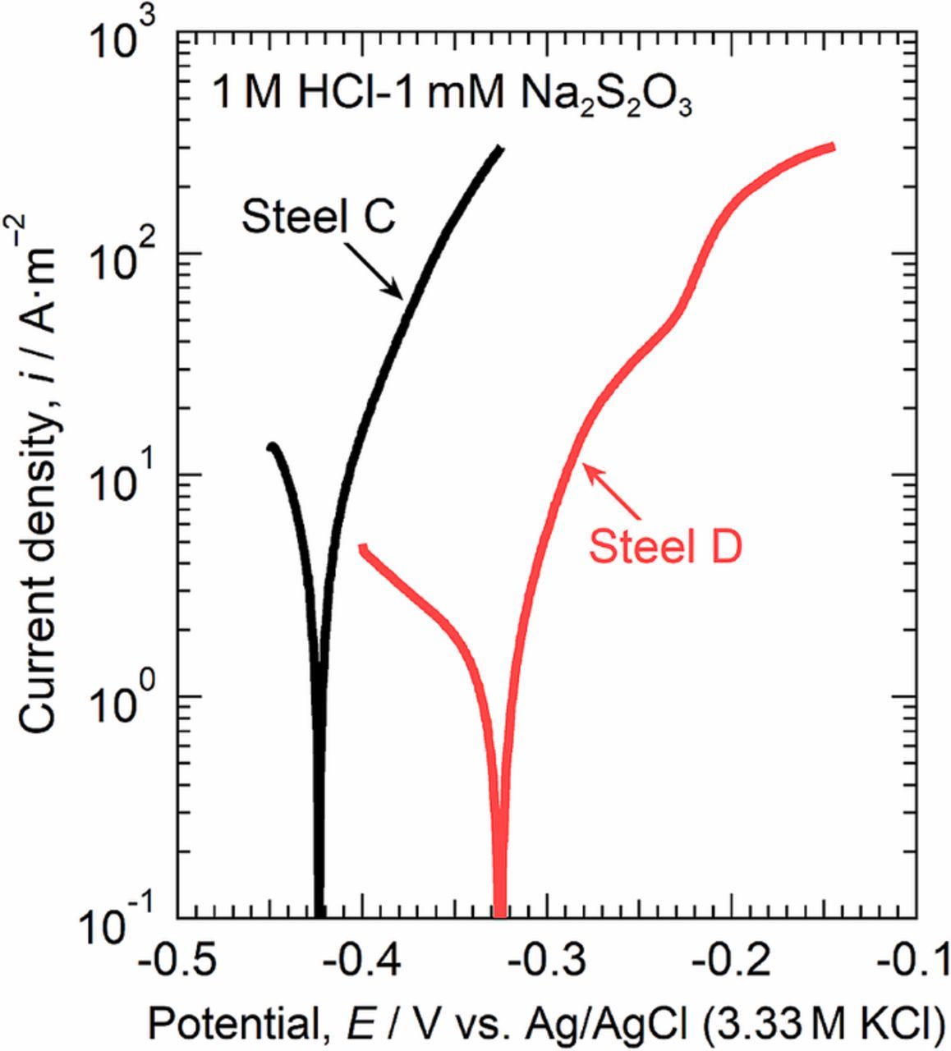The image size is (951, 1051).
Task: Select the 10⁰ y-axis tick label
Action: coord(125,700)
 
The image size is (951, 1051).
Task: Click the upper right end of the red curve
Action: coord(831,148)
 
